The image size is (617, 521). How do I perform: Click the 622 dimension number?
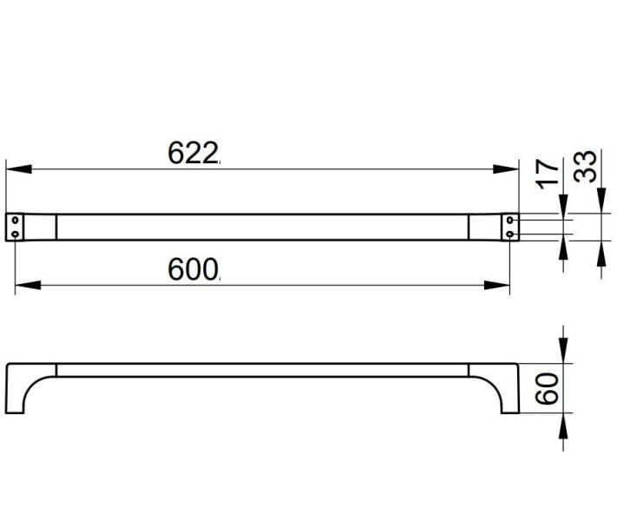tap(193, 153)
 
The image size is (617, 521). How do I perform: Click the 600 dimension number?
tap(193, 269)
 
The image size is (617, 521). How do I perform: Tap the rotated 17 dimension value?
tap(548, 174)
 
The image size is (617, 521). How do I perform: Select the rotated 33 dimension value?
tap(585, 166)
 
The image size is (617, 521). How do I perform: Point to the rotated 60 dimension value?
tap(547, 389)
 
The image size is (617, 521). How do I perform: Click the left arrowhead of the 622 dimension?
tap(19, 169)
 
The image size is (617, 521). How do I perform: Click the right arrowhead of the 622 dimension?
tap(506, 169)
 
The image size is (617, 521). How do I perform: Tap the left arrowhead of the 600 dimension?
tap(28, 285)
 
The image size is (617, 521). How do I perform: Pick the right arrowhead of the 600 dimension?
tap(497, 285)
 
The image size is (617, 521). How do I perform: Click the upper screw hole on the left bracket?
tap(16, 220)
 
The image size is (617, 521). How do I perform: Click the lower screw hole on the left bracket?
tap(16, 234)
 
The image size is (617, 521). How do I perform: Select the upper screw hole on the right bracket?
tap(510, 220)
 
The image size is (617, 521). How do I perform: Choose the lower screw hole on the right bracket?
tap(510, 234)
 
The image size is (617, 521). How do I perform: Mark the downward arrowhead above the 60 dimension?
tap(563, 351)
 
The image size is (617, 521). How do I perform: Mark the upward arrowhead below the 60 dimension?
tap(563, 426)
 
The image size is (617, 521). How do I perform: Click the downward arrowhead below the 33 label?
tap(601, 201)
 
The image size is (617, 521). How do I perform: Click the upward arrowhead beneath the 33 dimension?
tap(601, 254)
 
